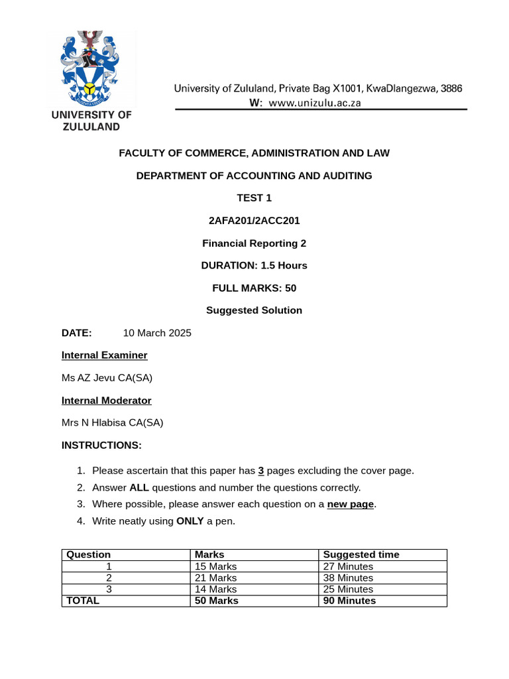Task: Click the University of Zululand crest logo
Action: point(91,69)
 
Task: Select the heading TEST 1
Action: point(254,198)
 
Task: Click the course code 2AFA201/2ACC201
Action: point(254,220)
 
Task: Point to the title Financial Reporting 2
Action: point(254,243)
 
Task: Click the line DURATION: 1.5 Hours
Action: point(254,265)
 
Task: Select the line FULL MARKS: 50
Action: point(254,288)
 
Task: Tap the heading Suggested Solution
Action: point(254,310)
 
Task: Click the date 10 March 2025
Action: point(157,333)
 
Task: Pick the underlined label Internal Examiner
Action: point(104,355)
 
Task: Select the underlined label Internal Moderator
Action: point(106,401)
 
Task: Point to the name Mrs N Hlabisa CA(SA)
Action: point(112,422)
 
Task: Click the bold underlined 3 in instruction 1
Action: point(261,471)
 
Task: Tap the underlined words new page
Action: point(351,504)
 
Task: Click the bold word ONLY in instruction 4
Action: point(190,521)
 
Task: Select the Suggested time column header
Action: point(361,554)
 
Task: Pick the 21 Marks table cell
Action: point(215,578)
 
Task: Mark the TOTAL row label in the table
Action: point(82,600)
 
